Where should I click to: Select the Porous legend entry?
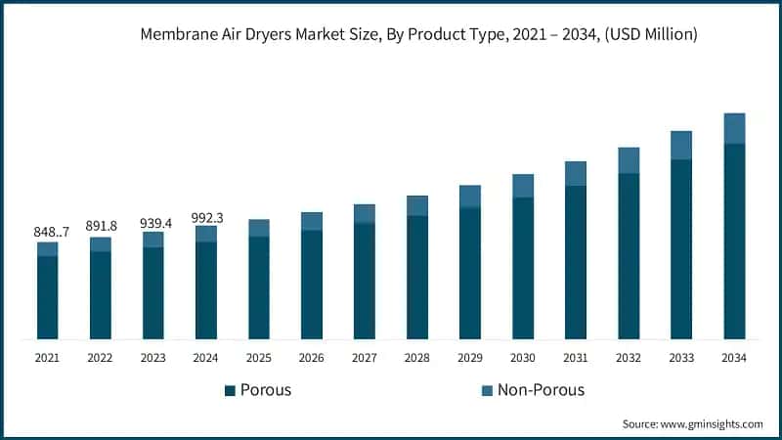(x=258, y=390)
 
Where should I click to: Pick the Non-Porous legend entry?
(x=532, y=390)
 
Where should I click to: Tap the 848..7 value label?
(x=47, y=232)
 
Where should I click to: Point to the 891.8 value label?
(x=100, y=226)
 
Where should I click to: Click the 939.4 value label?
(x=152, y=223)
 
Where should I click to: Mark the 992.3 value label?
(x=205, y=218)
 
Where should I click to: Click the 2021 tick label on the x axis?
(x=47, y=358)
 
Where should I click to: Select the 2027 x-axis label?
(x=364, y=358)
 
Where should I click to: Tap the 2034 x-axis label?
(x=734, y=358)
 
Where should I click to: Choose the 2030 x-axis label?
(x=523, y=358)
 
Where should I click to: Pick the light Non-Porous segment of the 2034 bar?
(x=734, y=128)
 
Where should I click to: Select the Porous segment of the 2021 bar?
(x=47, y=297)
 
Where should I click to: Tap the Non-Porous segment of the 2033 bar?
(x=681, y=145)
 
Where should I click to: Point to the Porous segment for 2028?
(x=417, y=278)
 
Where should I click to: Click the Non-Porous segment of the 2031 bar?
(x=576, y=173)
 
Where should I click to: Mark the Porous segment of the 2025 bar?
(x=259, y=288)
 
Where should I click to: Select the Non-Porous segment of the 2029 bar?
(x=470, y=196)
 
